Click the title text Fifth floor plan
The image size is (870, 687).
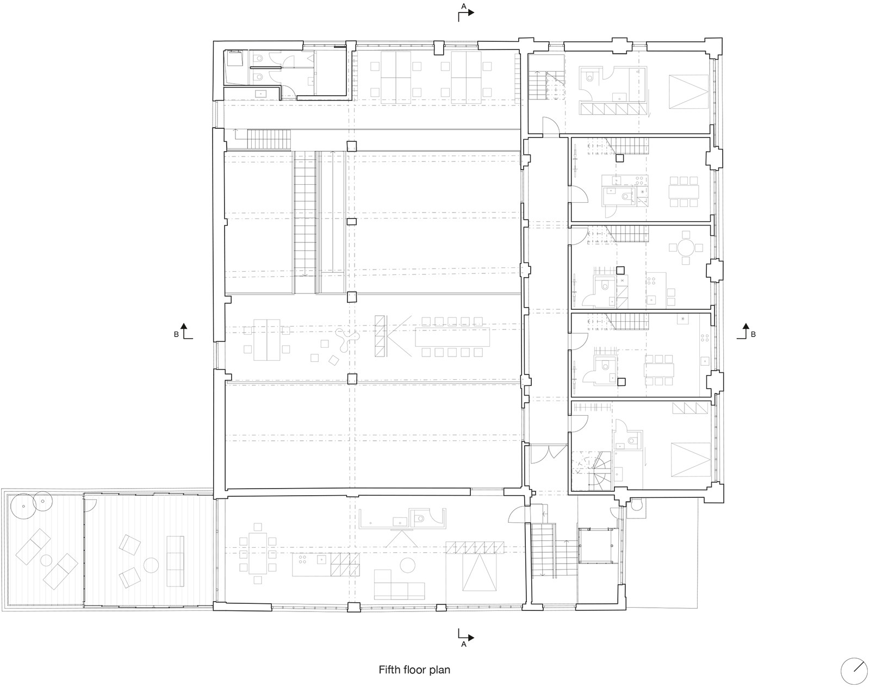414,670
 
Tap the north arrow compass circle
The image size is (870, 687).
854,671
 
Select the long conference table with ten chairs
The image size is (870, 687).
452,337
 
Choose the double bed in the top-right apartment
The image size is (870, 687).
689,91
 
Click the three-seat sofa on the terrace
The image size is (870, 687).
175,561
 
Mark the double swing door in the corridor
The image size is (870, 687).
549,453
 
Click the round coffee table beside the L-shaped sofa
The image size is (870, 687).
407,565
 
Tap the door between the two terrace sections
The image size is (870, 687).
90,505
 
